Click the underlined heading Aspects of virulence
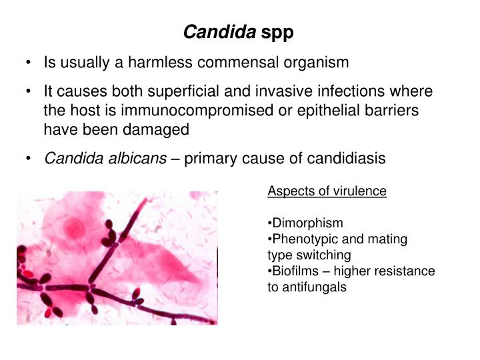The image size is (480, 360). (327, 191)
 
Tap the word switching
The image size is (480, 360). (327, 255)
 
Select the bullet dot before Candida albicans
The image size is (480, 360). (30, 159)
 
